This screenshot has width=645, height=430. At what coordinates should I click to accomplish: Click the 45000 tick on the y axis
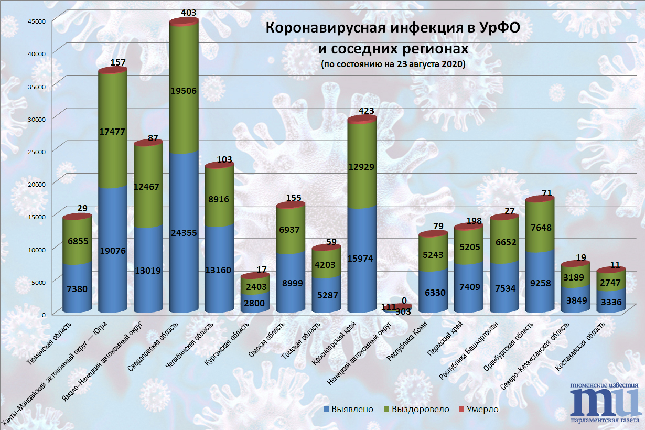pos(38,20)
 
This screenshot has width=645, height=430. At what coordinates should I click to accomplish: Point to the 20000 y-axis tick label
pos(38,184)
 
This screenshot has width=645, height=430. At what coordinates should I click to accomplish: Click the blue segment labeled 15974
pos(361,262)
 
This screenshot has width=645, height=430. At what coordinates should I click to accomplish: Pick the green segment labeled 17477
pos(113,131)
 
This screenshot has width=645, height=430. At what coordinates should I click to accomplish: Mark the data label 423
pos(367,111)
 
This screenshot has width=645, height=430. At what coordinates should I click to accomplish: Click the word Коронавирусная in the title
pos(320,27)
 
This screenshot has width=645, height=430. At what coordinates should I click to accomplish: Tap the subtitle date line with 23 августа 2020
pos(393,64)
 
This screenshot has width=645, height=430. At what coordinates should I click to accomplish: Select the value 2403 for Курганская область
pos(255,287)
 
